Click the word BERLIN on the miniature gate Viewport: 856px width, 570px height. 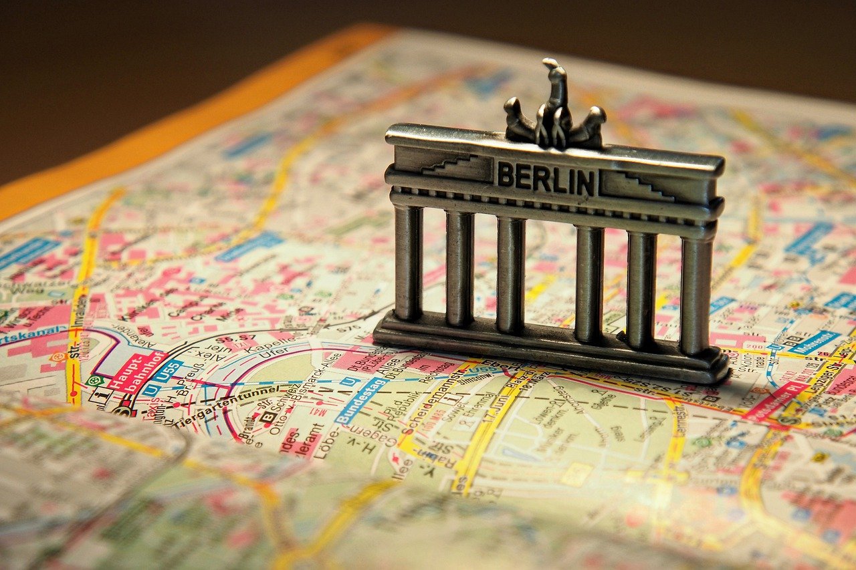[546, 178]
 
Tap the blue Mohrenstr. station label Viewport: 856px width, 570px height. [814, 341]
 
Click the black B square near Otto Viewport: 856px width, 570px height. [267, 417]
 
